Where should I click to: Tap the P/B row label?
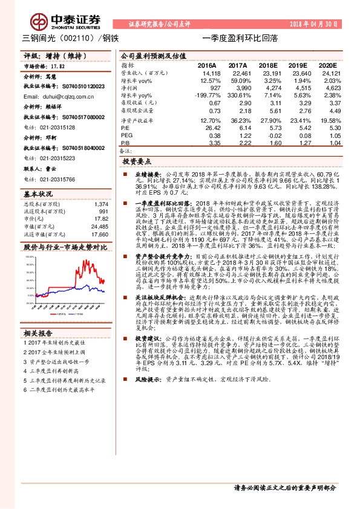coord(125,143)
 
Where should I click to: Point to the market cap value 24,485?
coord(99,226)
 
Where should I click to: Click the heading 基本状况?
coord(38,195)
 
